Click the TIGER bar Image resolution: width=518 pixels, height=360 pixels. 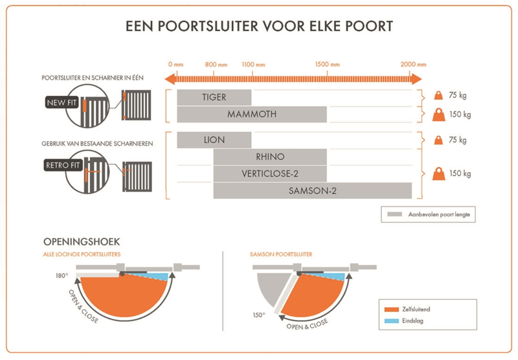click(214, 98)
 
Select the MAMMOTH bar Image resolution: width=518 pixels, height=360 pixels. click(252, 115)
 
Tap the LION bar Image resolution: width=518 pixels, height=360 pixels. click(214, 140)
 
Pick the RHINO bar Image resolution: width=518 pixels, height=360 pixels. click(270, 157)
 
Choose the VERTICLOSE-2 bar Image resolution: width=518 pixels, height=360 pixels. click(270, 174)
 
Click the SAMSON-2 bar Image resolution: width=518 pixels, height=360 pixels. click(312, 190)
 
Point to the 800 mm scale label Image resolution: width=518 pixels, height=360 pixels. click(216, 65)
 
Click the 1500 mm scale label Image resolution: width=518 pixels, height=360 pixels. click(327, 65)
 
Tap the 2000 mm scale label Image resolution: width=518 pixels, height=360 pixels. click(413, 65)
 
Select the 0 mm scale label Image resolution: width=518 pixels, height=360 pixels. click(175, 65)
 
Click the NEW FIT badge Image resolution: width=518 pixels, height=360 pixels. click(62, 102)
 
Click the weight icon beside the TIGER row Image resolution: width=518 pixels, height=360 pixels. click(438, 96)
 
